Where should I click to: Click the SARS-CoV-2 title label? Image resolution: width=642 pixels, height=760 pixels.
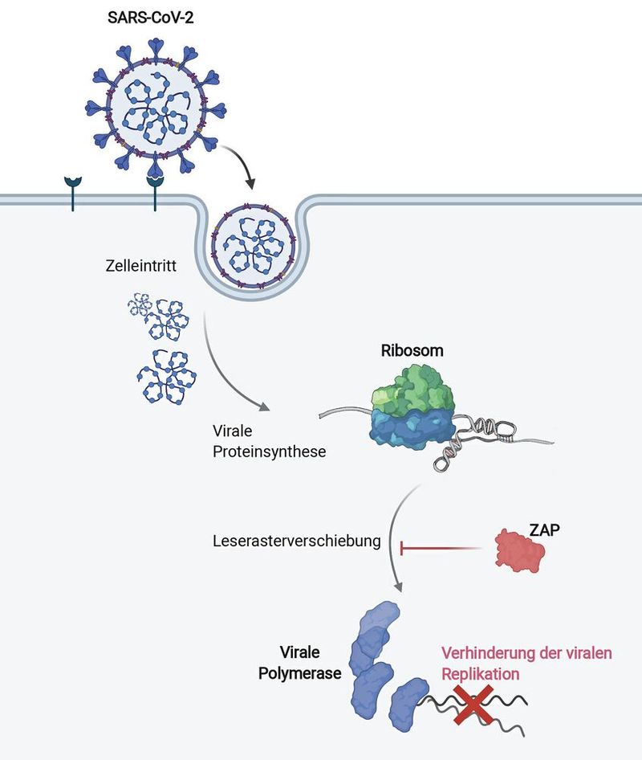151,18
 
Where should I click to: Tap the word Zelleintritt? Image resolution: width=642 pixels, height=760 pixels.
141,266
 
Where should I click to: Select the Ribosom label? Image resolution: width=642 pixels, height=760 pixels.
412,350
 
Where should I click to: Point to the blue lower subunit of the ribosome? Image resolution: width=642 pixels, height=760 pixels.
412,430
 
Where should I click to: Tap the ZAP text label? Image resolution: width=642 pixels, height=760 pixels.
545,529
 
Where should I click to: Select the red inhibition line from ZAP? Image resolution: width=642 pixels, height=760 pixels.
440,549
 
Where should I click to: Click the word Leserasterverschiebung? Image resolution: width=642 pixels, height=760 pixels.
297,541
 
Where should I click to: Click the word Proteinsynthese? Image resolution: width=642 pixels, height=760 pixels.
269,452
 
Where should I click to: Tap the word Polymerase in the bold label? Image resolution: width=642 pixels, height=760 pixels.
299,673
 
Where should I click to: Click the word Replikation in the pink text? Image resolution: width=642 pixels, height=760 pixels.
480,674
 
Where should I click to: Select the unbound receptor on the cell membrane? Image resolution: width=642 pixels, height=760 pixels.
73,194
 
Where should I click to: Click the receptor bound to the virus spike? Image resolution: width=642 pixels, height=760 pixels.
155,194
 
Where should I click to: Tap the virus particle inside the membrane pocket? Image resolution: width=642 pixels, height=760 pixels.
254,250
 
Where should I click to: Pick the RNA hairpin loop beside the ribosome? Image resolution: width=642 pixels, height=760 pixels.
502,431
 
